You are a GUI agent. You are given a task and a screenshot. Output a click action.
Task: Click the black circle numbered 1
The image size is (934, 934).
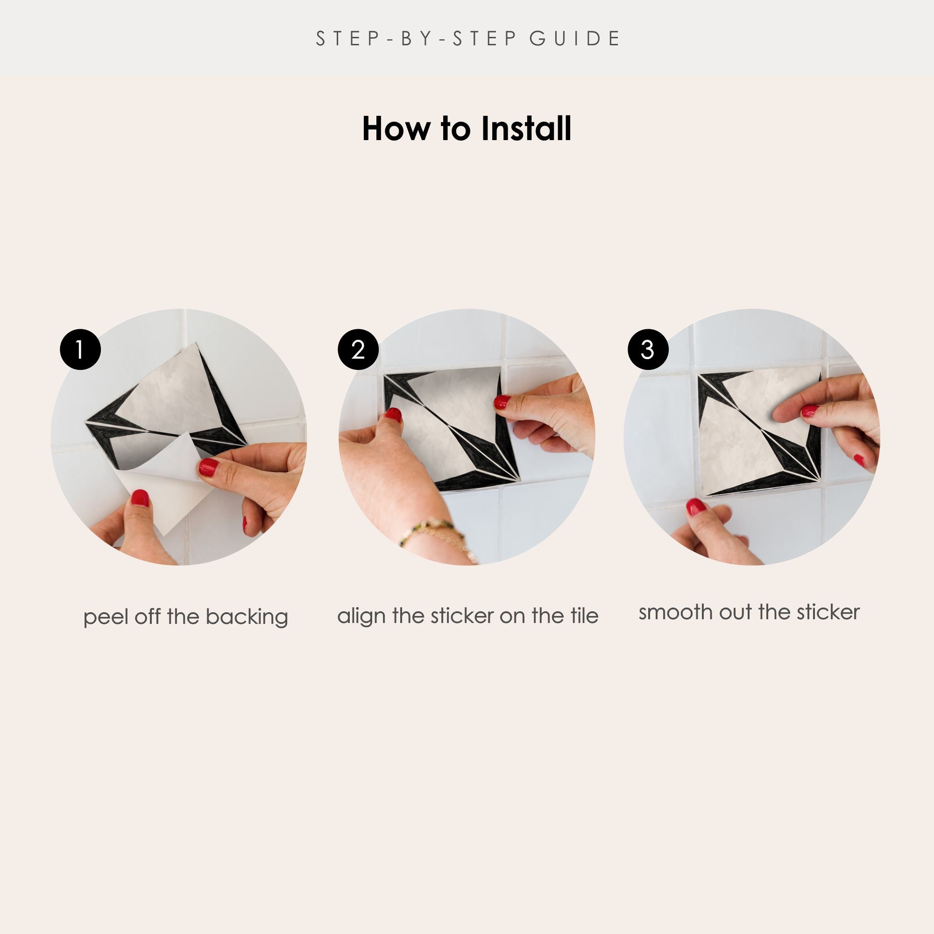[80, 349]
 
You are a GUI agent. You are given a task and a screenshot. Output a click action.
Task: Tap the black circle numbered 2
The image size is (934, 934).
[358, 349]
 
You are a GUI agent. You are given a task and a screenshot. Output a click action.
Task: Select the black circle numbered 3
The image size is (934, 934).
[648, 349]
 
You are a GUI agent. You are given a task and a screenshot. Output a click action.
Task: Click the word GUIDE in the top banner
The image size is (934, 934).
[574, 39]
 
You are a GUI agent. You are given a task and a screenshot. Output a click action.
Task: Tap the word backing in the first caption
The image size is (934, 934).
[247, 617]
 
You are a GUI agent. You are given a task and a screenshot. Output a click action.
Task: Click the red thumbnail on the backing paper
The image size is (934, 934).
[140, 498]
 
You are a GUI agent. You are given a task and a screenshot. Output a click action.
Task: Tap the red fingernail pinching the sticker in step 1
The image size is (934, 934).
[208, 467]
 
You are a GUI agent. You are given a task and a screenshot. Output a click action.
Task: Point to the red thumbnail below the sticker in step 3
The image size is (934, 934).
[696, 507]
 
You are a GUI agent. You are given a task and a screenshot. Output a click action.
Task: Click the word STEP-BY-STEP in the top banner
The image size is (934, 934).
[416, 39]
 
